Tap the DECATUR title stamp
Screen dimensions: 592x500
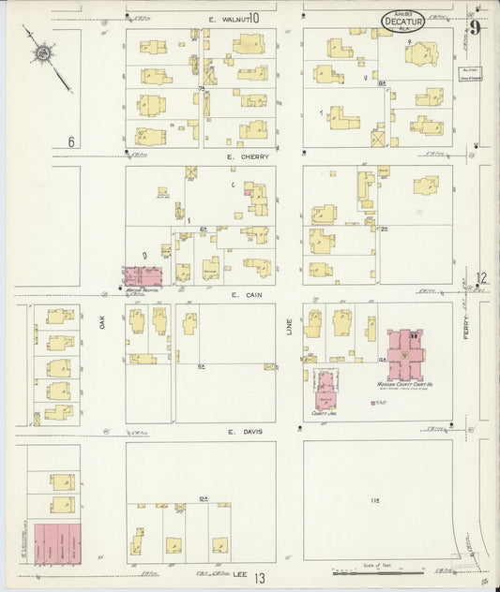(x=402, y=20)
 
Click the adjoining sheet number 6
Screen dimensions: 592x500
(x=70, y=142)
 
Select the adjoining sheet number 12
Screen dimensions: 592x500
(x=481, y=277)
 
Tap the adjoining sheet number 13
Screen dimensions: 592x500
(x=259, y=580)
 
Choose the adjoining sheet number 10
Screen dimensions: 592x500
(x=253, y=18)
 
